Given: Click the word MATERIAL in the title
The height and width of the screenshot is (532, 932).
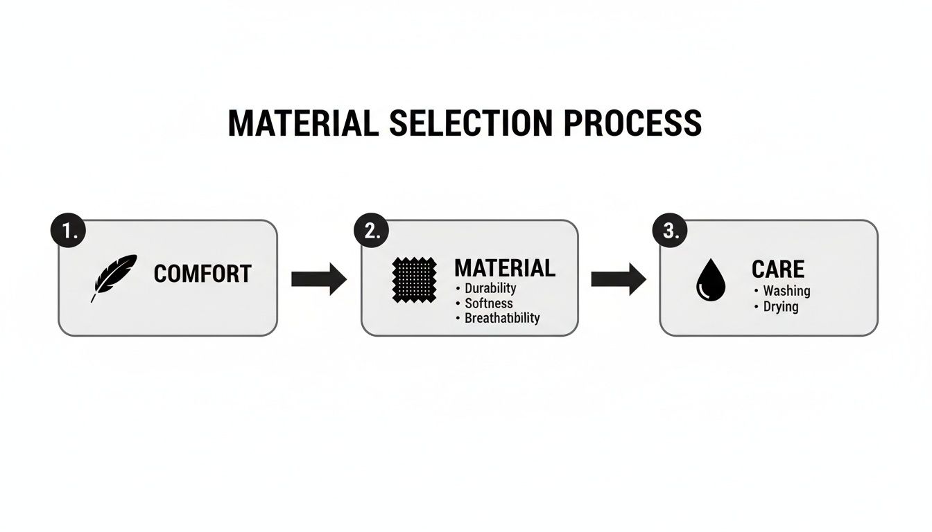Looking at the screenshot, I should [303, 123].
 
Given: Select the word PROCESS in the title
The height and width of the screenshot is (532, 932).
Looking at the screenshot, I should [632, 123].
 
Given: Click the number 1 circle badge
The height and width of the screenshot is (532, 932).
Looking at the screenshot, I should [68, 232].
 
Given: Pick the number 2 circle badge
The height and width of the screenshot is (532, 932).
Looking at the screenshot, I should [372, 232].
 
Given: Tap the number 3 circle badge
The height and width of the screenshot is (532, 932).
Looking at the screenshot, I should [670, 232].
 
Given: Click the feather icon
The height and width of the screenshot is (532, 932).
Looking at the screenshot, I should [114, 277].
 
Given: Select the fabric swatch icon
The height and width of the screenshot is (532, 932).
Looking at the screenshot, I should [414, 280].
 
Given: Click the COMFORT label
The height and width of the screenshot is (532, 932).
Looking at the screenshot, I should [202, 274].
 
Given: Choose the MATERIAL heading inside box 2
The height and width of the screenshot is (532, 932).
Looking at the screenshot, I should [504, 268].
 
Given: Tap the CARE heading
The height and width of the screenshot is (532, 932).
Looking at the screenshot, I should [778, 269].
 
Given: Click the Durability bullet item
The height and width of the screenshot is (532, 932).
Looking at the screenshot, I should [490, 288].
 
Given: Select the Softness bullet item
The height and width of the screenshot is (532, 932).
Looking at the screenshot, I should [488, 303].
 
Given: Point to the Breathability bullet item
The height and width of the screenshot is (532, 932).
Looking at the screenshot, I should [501, 319].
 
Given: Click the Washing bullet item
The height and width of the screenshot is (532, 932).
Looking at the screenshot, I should [786, 291].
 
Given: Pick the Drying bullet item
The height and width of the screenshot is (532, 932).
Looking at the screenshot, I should [780, 306].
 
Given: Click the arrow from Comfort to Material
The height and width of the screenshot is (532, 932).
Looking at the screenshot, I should [318, 279].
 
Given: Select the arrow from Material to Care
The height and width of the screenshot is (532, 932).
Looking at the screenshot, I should [618, 279].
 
